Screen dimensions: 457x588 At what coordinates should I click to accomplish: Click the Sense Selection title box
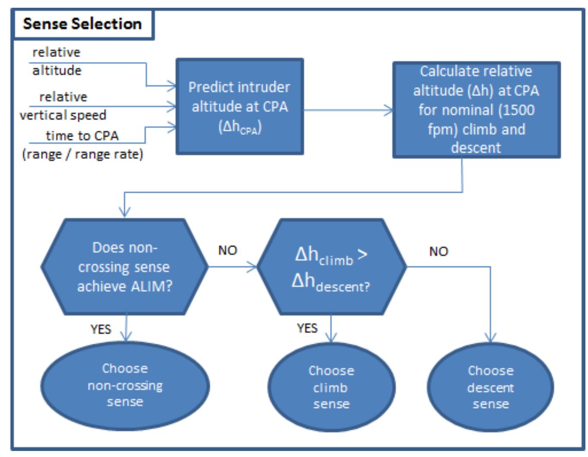pyautogui.click(x=82, y=24)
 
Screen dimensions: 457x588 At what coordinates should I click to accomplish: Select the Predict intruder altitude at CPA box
pyautogui.click(x=239, y=106)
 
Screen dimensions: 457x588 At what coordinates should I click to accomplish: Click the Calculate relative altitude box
pyautogui.click(x=476, y=110)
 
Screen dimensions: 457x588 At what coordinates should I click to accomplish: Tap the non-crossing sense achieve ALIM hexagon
pyautogui.click(x=125, y=267)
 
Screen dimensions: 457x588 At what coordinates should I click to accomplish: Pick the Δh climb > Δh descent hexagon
pyautogui.click(x=331, y=267)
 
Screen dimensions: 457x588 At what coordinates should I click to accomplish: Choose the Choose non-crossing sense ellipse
pyautogui.click(x=125, y=385)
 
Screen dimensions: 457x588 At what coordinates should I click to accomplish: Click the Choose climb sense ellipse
pyautogui.click(x=331, y=387)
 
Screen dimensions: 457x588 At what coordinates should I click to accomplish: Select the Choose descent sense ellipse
pyautogui.click(x=491, y=387)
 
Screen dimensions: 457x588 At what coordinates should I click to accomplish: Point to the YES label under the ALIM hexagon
pyautogui.click(x=101, y=330)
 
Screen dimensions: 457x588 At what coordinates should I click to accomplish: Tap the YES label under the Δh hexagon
pyautogui.click(x=307, y=328)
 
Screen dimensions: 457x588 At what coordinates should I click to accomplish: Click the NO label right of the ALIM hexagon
pyautogui.click(x=227, y=250)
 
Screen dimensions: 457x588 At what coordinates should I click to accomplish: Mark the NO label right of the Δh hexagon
pyautogui.click(x=438, y=252)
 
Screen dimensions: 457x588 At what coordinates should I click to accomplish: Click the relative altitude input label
pyautogui.click(x=57, y=61)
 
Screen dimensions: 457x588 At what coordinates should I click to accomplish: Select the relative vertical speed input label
pyautogui.click(x=63, y=106)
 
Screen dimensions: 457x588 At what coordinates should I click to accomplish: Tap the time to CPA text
pyautogui.click(x=82, y=136)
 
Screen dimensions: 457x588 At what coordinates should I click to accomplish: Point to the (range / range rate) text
pyautogui.click(x=82, y=154)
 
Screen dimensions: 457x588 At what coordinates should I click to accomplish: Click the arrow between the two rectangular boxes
pyautogui.click(x=348, y=110)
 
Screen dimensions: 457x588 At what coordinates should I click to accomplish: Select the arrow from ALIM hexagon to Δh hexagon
pyautogui.click(x=233, y=267)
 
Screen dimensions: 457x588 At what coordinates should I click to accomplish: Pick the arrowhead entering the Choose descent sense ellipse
pyautogui.click(x=491, y=338)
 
